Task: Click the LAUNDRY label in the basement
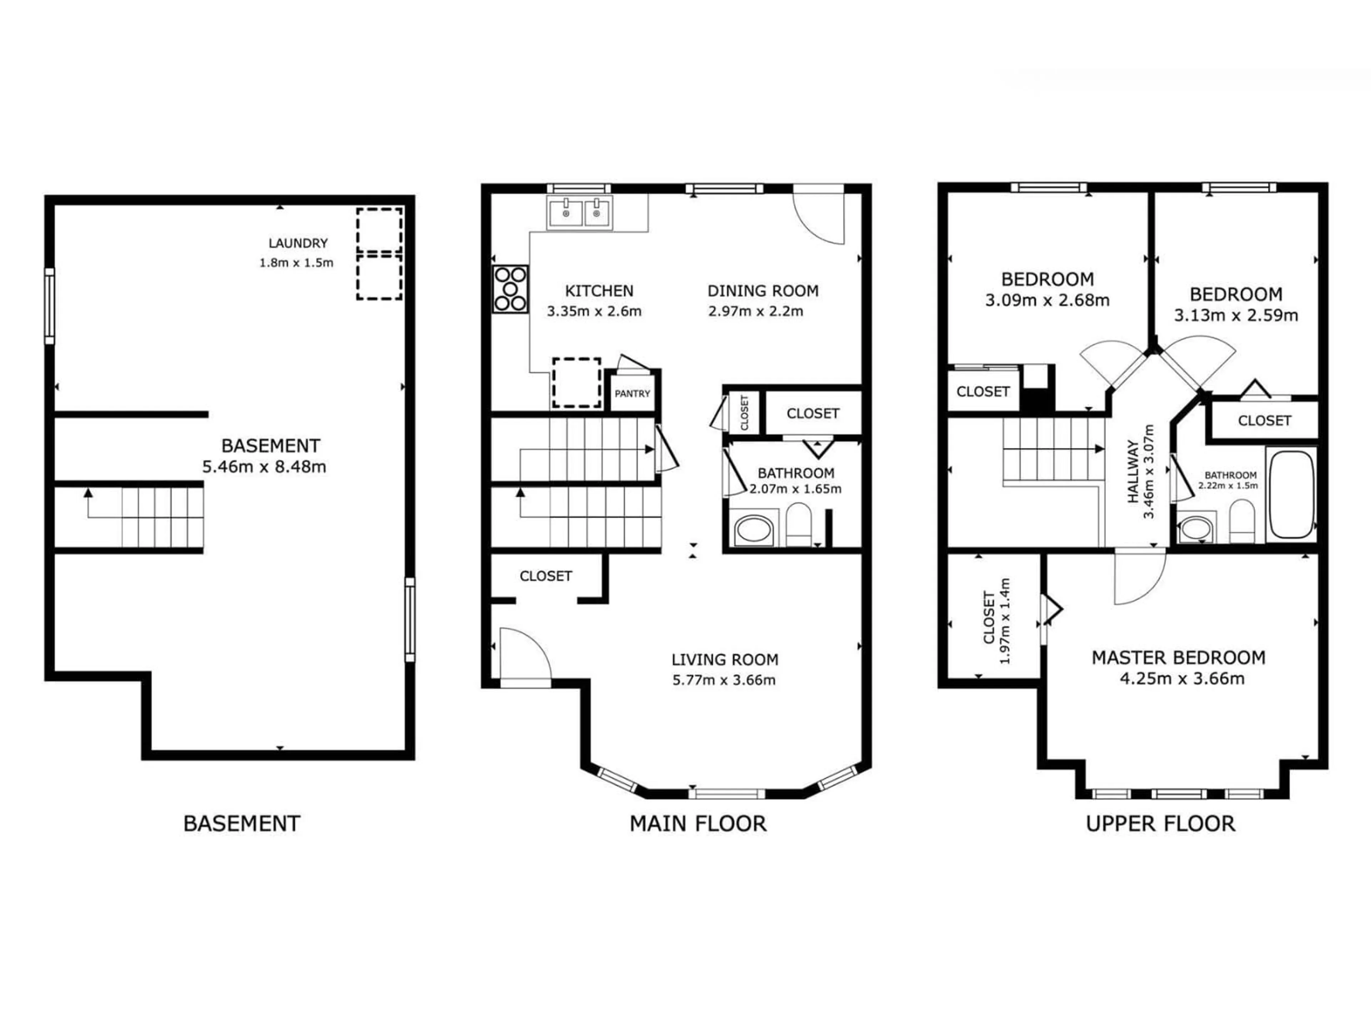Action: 297,243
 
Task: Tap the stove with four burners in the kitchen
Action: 511,289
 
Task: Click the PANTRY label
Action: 632,393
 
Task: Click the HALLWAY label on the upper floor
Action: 1133,472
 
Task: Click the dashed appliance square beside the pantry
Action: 576,382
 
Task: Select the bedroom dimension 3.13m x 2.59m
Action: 1235,316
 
